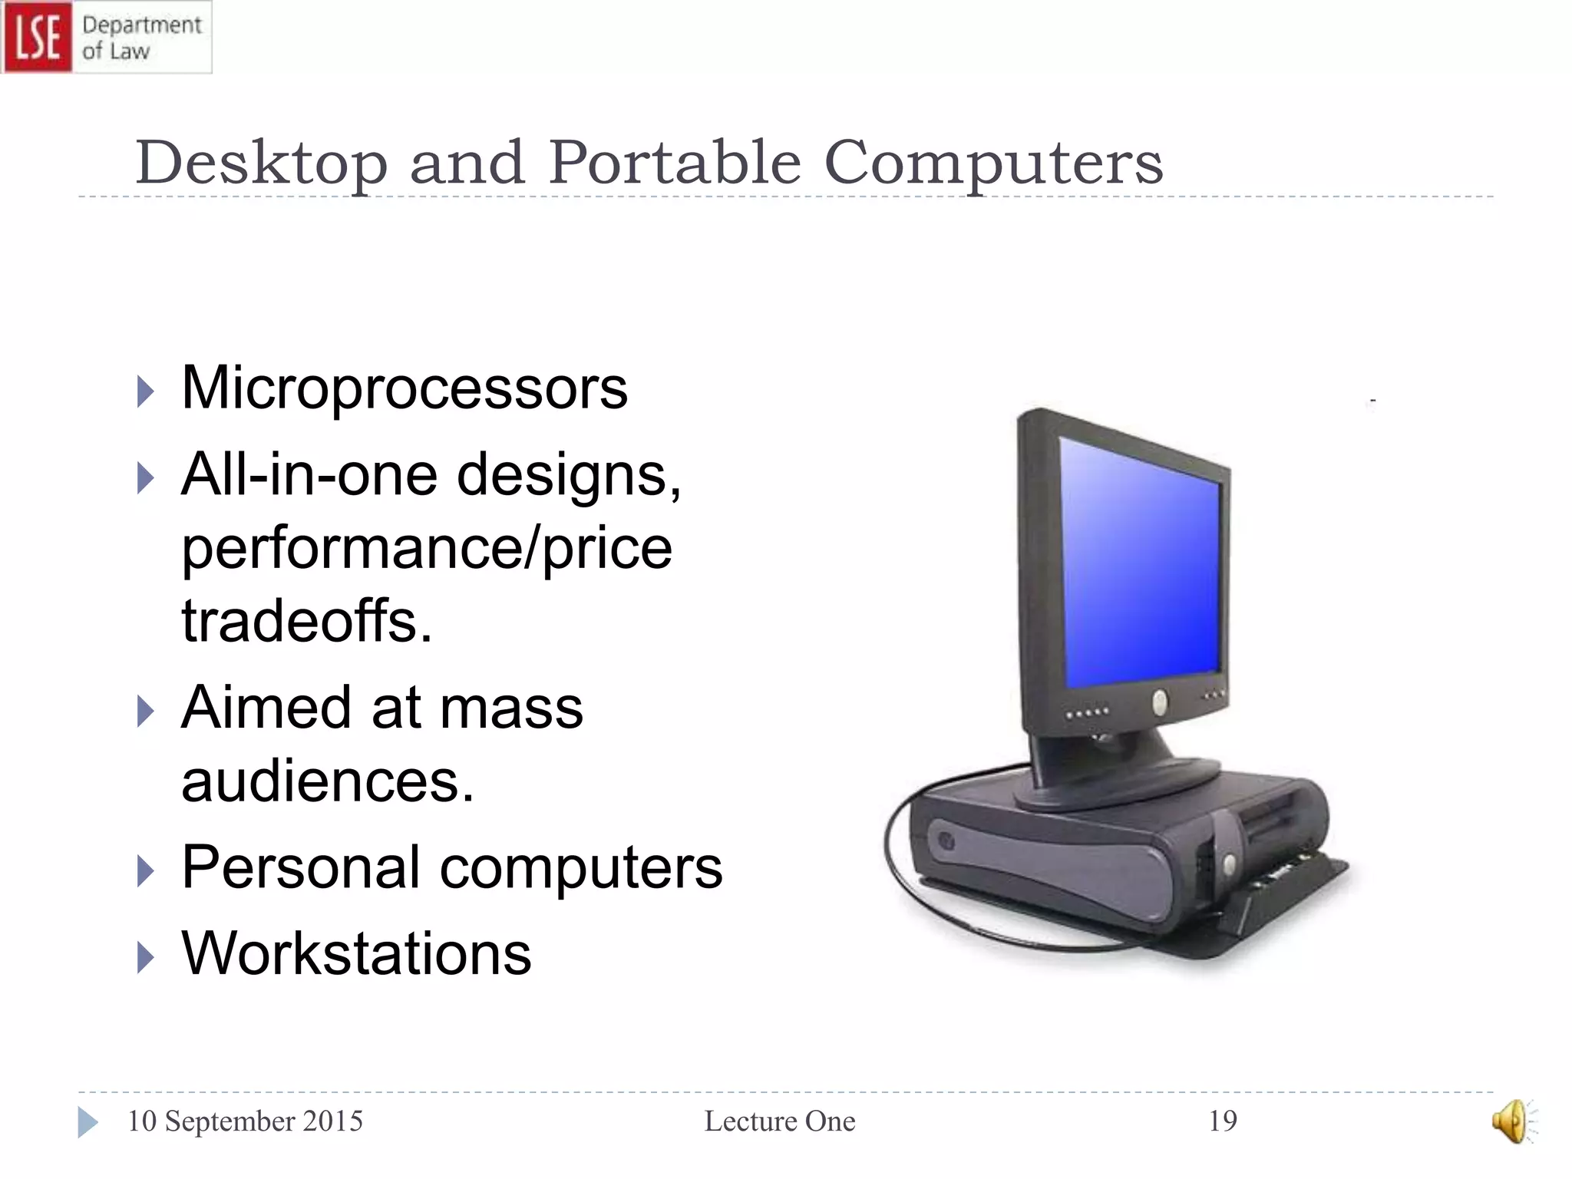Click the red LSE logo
click(x=37, y=37)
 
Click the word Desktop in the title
click(x=261, y=163)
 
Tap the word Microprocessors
click(x=405, y=388)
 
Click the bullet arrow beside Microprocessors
click(x=145, y=391)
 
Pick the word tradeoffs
click(x=306, y=620)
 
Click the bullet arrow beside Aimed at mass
click(x=145, y=711)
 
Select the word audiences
click(x=327, y=781)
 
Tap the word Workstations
click(x=356, y=953)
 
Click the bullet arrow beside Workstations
click(x=145, y=957)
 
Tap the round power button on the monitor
click(x=1160, y=702)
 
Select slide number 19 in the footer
click(x=1223, y=1121)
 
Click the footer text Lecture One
click(x=780, y=1121)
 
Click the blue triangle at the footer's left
click(x=88, y=1122)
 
